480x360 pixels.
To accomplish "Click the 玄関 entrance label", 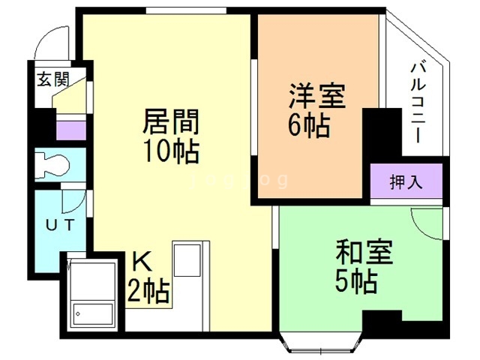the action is click(53, 79).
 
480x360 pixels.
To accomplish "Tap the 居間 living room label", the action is click(171, 121).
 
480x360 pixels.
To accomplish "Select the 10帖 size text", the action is click(171, 151).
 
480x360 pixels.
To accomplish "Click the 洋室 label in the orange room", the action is click(317, 95).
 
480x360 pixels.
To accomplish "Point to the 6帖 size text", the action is click(309, 125).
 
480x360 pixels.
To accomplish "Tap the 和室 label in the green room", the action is click(364, 252).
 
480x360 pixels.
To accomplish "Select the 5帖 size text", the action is click(356, 282).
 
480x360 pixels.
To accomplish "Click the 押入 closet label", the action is click(406, 181).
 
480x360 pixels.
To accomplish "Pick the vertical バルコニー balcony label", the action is click(418, 102).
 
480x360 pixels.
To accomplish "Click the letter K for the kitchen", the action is click(142, 262).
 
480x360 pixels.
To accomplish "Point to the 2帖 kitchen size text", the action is click(148, 290).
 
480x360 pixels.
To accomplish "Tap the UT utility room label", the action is click(60, 225).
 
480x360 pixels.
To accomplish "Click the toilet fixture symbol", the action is click(52, 165).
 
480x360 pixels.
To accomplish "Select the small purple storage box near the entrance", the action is click(71, 130).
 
